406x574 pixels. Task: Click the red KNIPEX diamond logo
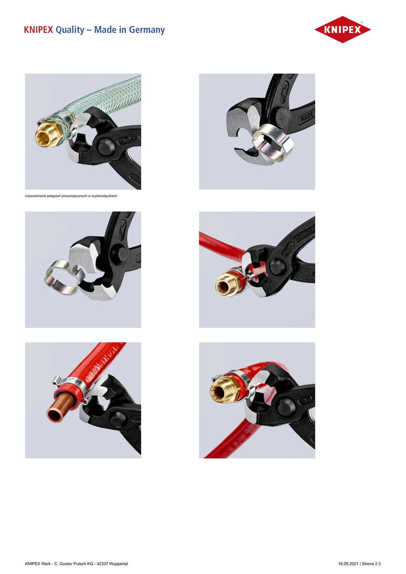coord(343,29)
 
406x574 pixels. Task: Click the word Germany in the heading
coord(147,30)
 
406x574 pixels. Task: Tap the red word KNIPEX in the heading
coord(38,30)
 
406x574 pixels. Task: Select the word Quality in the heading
coord(70,30)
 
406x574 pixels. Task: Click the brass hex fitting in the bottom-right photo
coord(225,391)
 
